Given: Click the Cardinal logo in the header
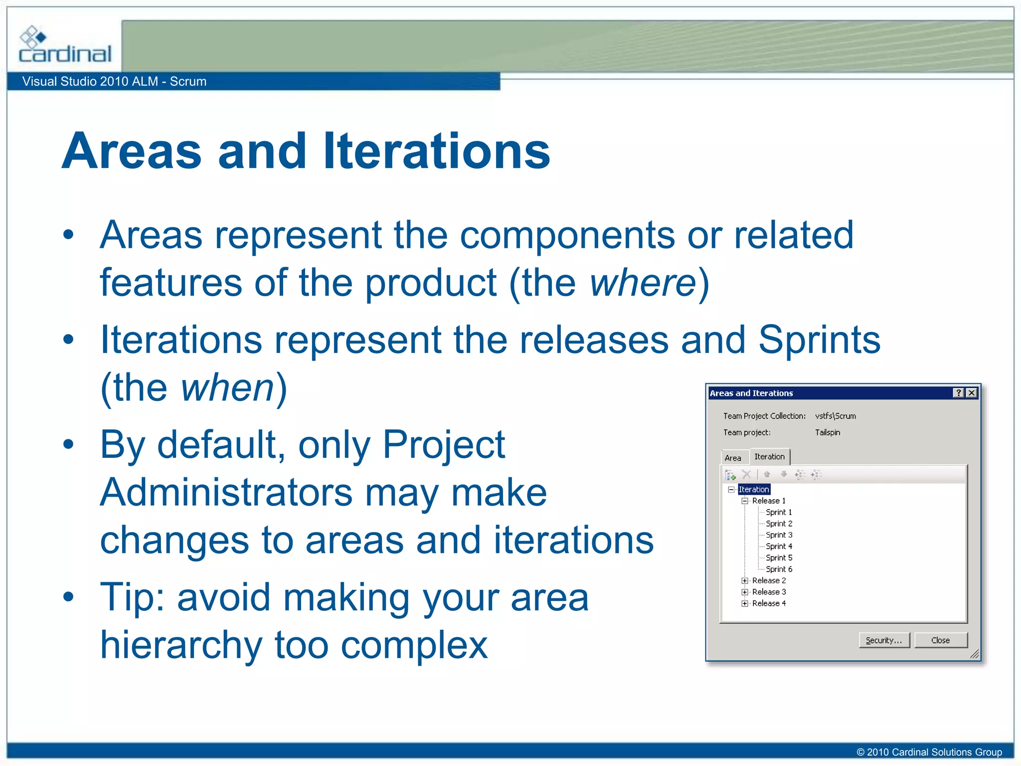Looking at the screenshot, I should (x=65, y=45).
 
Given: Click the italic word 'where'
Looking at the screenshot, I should (x=643, y=283).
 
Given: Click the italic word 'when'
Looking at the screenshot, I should (x=227, y=387).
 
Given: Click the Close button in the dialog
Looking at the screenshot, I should (x=940, y=640).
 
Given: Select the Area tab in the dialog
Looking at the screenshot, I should (x=733, y=458).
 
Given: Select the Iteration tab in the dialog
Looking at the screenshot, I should (x=769, y=456).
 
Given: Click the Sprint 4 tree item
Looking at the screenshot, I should (x=779, y=546).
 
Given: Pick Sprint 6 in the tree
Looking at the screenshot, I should (x=779, y=569).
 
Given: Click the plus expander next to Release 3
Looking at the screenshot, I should (x=744, y=592).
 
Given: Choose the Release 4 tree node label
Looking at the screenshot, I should (x=769, y=603).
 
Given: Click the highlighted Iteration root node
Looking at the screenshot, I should (x=754, y=489).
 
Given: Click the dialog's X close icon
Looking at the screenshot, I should (x=971, y=393).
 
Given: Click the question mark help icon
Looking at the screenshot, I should (x=958, y=393).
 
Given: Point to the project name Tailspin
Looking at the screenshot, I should (x=828, y=432).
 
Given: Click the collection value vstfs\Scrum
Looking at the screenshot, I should (x=836, y=416).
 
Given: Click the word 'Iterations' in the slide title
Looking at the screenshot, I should (x=436, y=151).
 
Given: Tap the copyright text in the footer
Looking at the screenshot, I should (x=929, y=752).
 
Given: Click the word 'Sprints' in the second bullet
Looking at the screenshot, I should (x=819, y=340).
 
